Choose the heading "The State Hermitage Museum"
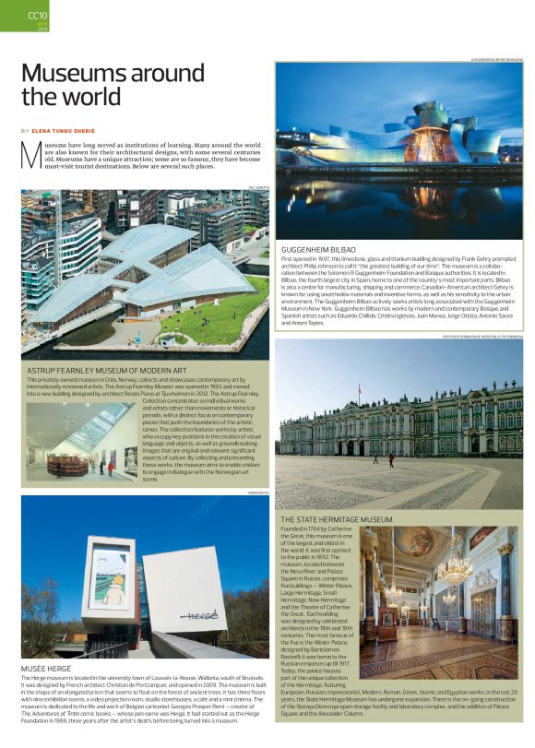point(337,519)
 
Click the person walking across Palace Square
point(389,458)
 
